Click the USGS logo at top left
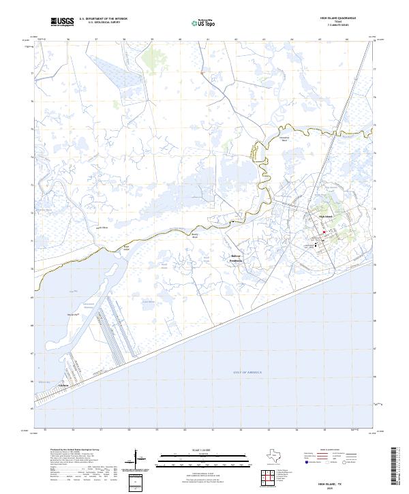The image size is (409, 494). point(63,22)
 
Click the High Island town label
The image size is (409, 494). point(324,217)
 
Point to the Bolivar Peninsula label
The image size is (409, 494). point(236,258)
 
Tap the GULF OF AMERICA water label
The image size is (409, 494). point(247,372)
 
